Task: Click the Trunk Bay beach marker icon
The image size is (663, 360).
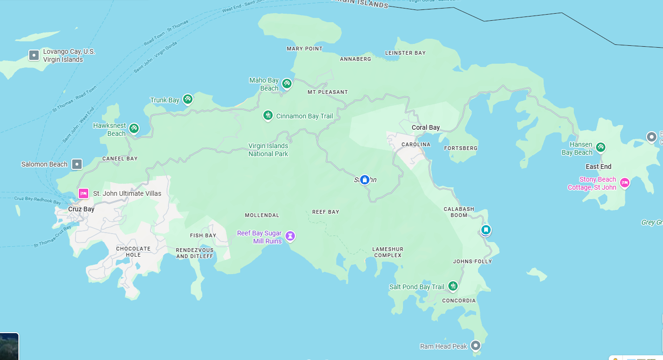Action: click(187, 99)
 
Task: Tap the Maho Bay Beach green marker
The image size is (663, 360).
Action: click(286, 84)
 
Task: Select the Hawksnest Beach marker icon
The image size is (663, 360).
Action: click(134, 128)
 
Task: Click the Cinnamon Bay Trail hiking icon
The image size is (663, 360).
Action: click(268, 115)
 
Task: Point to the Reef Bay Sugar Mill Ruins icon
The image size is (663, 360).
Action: click(290, 235)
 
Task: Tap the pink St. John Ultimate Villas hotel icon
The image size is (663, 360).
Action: click(84, 193)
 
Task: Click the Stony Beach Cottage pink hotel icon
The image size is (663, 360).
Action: click(624, 183)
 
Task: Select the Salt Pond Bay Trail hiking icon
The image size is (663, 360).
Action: click(453, 285)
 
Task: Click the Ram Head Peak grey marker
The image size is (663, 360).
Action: click(476, 346)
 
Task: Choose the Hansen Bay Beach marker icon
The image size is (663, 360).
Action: click(600, 147)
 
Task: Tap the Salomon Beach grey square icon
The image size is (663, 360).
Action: click(77, 164)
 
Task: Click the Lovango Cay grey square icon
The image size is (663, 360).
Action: click(34, 55)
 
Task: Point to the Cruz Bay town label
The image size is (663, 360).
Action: click(81, 209)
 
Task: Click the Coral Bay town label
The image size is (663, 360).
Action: click(426, 127)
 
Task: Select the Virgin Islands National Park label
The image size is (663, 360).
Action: click(268, 150)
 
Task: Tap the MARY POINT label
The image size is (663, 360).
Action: click(304, 49)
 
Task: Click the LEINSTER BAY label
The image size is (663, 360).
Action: click(405, 53)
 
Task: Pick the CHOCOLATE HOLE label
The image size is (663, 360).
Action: click(133, 251)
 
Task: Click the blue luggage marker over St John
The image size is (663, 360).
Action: click(364, 179)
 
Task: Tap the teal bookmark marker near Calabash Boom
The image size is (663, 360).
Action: click(486, 230)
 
